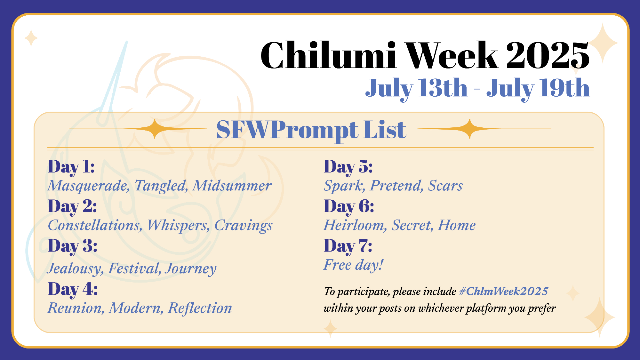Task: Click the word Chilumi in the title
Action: [x=329, y=55]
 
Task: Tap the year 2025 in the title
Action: [x=548, y=55]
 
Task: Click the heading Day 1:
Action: [x=71, y=167]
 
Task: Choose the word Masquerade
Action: [x=89, y=186]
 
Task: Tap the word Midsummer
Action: [x=232, y=186]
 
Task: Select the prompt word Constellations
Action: [x=95, y=225]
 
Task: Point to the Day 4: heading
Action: [x=73, y=289]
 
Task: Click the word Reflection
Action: [x=200, y=308]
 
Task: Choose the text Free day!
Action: [x=353, y=265]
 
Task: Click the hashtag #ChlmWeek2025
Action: [x=503, y=291]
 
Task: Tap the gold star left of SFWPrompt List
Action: [x=155, y=129]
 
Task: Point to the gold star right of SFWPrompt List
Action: [x=469, y=129]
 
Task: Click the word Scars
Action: [x=445, y=186]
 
